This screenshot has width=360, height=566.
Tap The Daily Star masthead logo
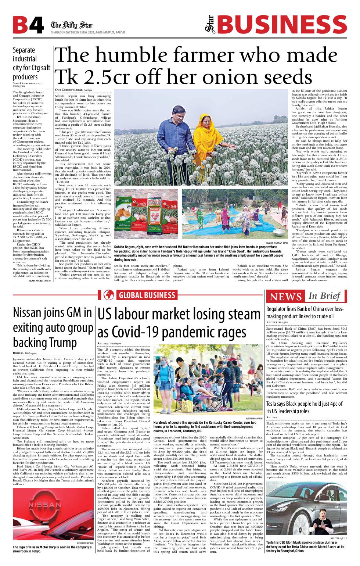(x=72, y=25)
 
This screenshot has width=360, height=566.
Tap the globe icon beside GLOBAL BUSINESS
(x=109, y=295)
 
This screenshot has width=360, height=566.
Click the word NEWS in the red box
(x=285, y=296)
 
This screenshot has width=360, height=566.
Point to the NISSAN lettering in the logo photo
(x=45, y=505)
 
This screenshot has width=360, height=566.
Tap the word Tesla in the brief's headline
(x=273, y=404)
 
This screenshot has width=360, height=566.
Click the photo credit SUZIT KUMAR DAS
(x=277, y=243)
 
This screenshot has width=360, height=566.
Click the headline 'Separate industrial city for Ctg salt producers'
(x=31, y=64)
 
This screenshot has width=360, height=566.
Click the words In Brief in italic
(x=324, y=296)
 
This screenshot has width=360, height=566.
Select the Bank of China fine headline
(x=305, y=312)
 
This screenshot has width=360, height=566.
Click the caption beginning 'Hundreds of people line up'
(x=205, y=427)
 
